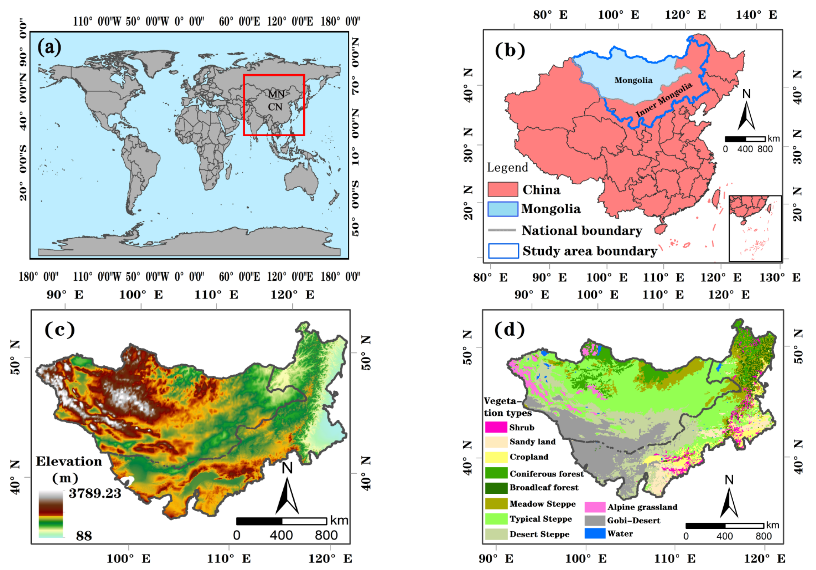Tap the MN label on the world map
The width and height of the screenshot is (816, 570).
click(x=276, y=94)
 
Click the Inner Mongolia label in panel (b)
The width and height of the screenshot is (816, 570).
click(x=664, y=100)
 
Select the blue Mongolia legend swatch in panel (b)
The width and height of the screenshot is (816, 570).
click(x=503, y=209)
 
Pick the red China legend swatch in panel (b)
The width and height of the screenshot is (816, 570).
click(x=503, y=189)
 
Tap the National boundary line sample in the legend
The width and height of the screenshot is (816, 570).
click(x=502, y=230)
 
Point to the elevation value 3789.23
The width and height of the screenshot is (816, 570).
click(x=95, y=493)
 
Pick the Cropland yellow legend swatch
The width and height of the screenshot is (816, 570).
click(x=496, y=457)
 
